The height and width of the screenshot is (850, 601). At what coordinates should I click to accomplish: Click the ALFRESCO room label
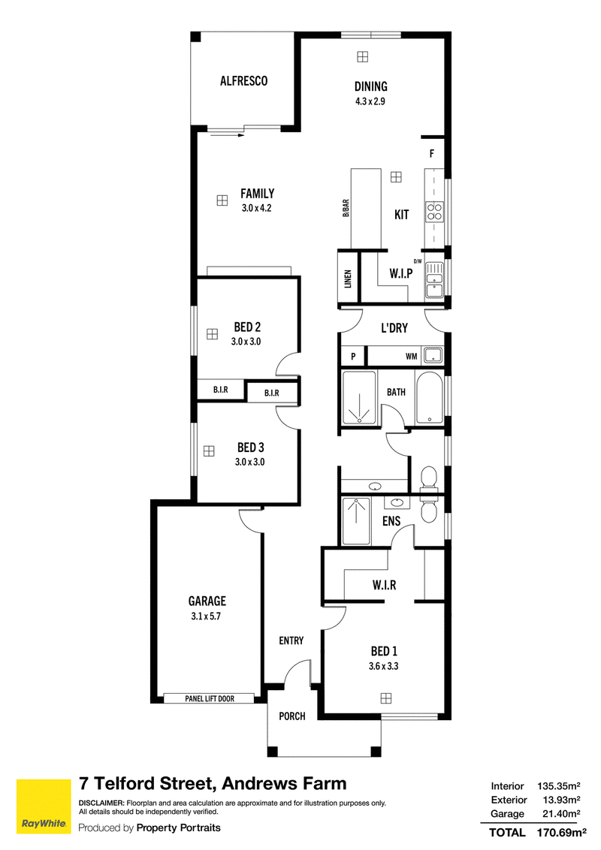click(243, 81)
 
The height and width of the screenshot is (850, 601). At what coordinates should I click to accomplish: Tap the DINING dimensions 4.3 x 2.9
click(370, 101)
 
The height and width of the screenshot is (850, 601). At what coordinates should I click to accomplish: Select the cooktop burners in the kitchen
click(434, 212)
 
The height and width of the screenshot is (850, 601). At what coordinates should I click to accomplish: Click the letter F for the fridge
click(432, 154)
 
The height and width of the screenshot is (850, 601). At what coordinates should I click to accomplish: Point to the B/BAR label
click(346, 209)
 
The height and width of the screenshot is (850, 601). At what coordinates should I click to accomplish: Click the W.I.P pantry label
click(401, 274)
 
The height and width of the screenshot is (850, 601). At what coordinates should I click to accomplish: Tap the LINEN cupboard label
click(349, 279)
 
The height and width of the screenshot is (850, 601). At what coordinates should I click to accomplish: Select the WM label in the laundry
click(411, 356)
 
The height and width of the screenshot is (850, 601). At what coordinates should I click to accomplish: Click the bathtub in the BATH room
click(430, 398)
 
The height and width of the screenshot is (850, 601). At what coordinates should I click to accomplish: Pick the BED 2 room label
click(247, 327)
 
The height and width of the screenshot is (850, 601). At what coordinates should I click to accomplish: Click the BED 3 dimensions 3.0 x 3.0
click(249, 463)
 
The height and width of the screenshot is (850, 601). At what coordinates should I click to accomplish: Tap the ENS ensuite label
click(391, 521)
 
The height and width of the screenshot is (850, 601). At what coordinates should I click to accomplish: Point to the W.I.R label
click(384, 585)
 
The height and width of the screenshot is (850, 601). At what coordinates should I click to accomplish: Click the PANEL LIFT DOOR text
click(210, 699)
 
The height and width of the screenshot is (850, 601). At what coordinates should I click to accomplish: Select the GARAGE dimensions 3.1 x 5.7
click(206, 616)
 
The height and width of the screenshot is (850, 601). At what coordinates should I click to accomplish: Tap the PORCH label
click(291, 716)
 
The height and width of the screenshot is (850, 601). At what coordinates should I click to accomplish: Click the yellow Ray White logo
click(44, 806)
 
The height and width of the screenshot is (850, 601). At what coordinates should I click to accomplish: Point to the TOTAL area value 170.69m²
click(561, 833)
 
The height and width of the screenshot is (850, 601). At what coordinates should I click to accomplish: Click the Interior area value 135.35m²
click(559, 786)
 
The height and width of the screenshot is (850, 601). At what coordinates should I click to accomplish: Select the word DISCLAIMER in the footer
click(101, 803)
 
